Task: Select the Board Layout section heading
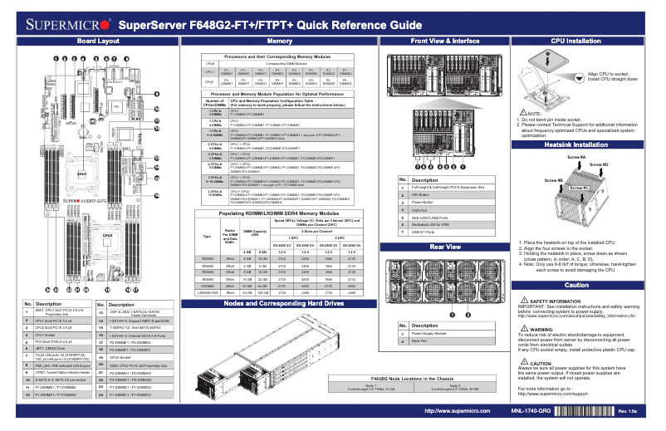(x=97, y=41)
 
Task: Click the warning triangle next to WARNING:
(x=521, y=329)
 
